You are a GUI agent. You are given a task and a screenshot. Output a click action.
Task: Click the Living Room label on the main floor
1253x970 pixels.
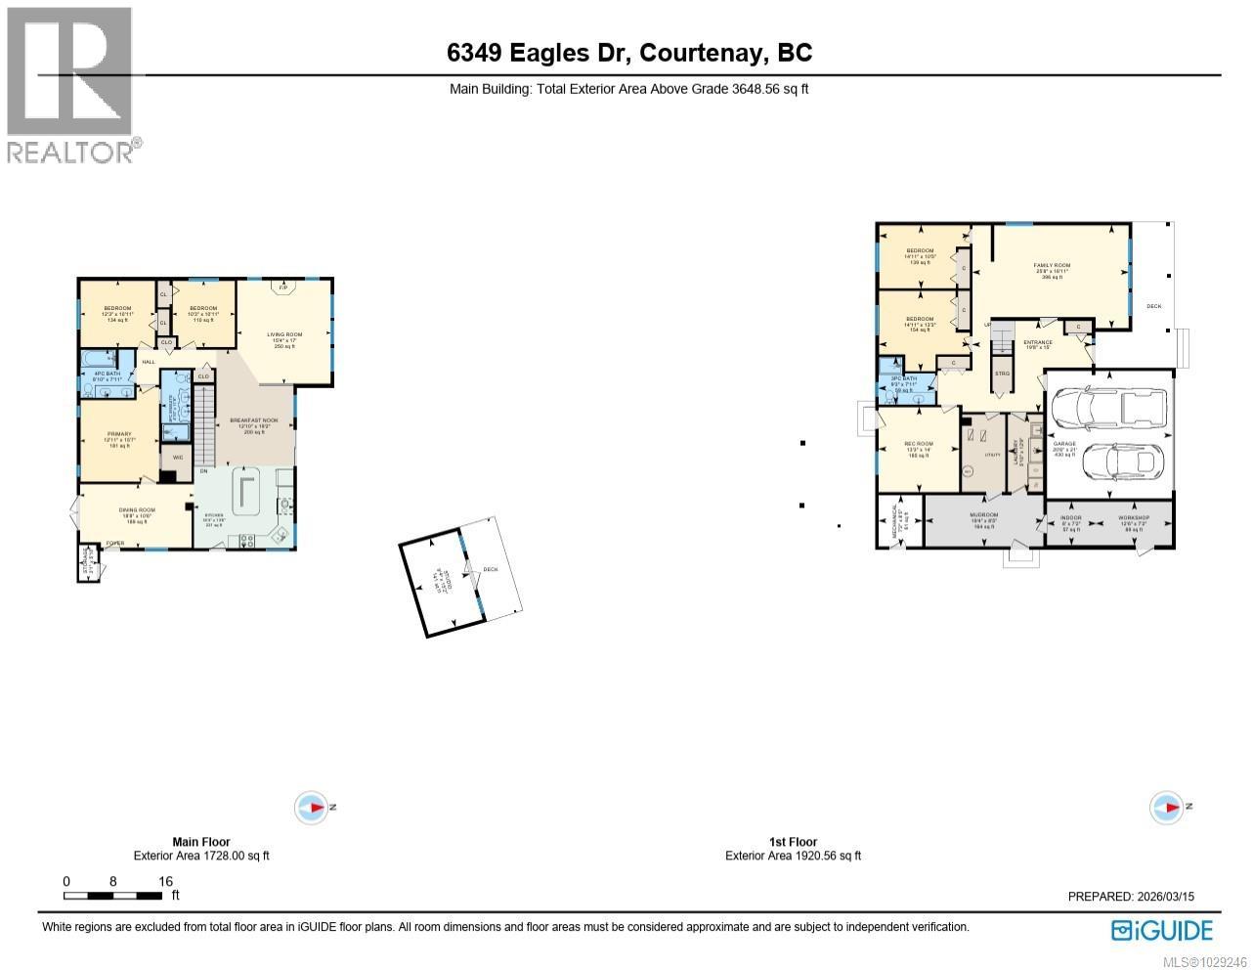coord(285,334)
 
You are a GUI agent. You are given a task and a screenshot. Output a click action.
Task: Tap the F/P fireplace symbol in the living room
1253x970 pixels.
coord(284,288)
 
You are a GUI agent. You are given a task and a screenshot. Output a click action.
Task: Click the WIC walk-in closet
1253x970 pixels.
coord(178,457)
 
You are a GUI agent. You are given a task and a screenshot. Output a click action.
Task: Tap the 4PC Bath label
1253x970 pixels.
coord(106,374)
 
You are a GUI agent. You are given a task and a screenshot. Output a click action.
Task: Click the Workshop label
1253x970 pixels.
coord(1134,518)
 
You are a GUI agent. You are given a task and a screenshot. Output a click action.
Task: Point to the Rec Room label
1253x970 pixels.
coord(918,444)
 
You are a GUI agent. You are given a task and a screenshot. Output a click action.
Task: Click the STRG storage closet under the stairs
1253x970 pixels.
coord(1001,373)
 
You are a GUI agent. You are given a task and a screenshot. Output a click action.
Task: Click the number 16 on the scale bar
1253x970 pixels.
coord(165,881)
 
